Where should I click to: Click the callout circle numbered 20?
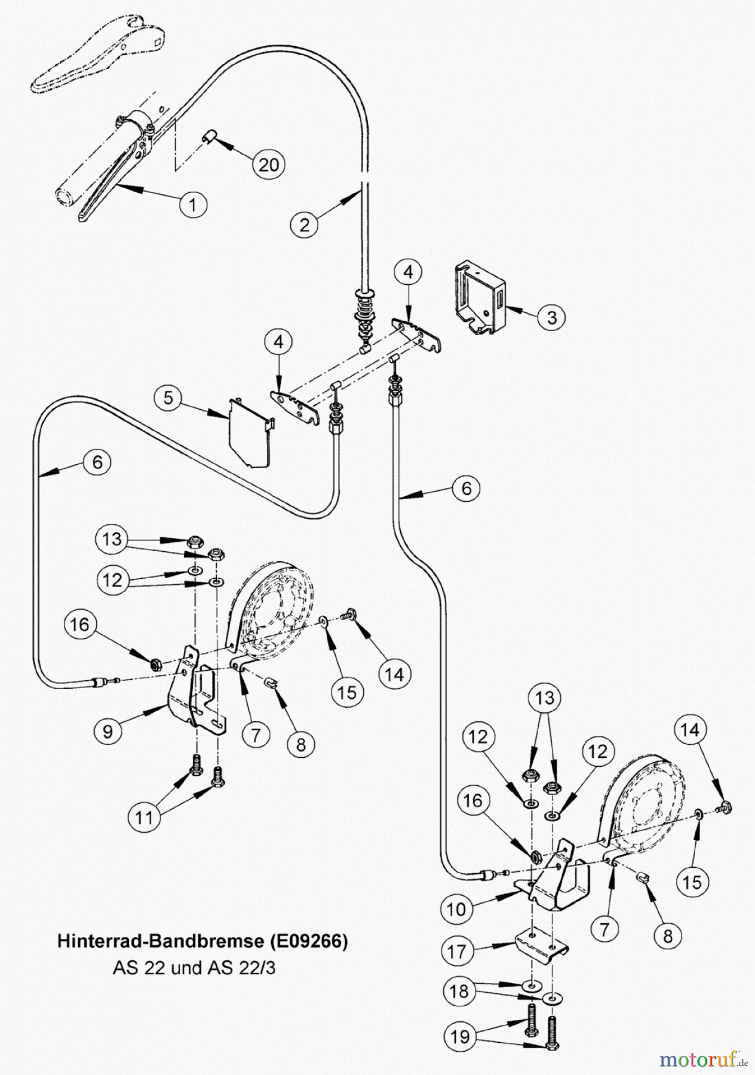pos(268,164)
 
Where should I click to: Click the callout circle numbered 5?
pos(168,397)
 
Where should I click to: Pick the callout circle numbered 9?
pos(108,732)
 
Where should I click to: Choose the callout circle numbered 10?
pos(455,909)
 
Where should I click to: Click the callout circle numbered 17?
pos(456,951)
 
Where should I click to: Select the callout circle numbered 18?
pos(459,991)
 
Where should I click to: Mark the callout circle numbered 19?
pos(459,1036)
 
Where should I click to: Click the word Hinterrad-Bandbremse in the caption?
pos(159,941)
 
